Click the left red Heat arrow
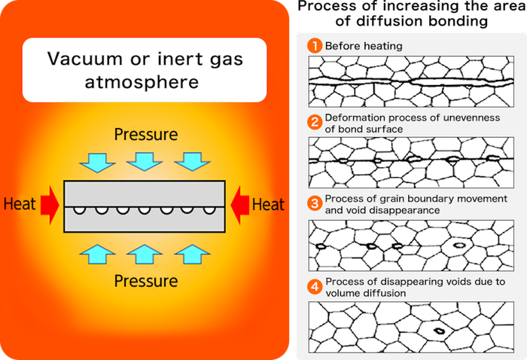[49, 203]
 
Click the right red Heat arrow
[239, 203]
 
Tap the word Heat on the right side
[268, 203]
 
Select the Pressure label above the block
[146, 135]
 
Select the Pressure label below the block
[146, 281]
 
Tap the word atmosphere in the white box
[147, 81]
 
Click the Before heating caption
[364, 46]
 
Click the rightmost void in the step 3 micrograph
[458, 245]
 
